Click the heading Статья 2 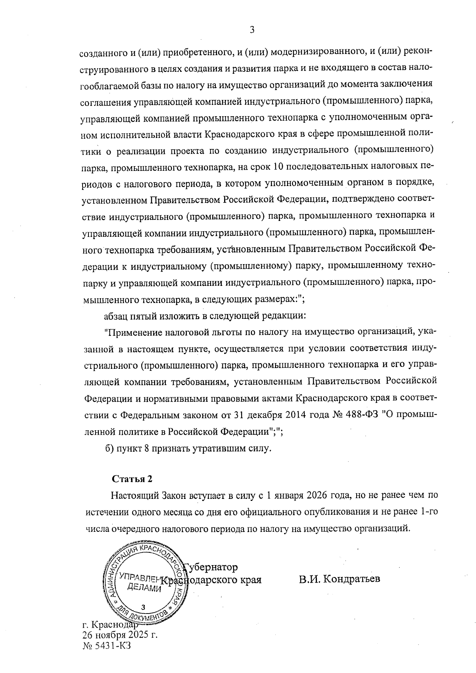point(132,479)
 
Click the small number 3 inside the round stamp point(143,607)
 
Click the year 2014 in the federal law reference point(294,415)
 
